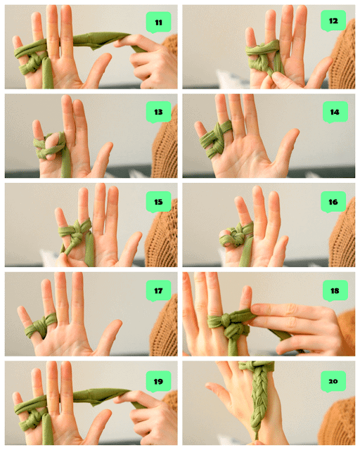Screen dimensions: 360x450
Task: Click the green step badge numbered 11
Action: (x=158, y=22)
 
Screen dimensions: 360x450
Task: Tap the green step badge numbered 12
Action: (x=333, y=20)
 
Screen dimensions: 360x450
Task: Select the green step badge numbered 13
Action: (x=158, y=112)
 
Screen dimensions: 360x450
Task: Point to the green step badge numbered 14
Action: (x=335, y=112)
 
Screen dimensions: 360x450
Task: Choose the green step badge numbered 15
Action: (x=158, y=202)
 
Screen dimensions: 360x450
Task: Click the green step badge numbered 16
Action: (x=333, y=202)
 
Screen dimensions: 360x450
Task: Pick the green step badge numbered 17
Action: (x=158, y=291)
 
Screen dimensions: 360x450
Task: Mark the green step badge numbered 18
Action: (x=335, y=291)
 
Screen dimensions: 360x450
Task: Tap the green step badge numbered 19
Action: (x=158, y=381)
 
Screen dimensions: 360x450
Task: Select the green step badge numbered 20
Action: (x=333, y=381)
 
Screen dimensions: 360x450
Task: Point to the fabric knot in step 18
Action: (x=233, y=330)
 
